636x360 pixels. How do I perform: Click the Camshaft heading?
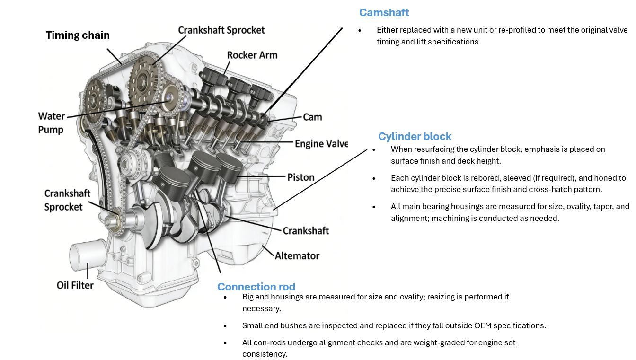coord(384,12)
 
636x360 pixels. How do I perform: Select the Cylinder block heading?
coord(415,137)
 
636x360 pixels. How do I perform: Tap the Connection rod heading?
coord(256,287)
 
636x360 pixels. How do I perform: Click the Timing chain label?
coord(78,35)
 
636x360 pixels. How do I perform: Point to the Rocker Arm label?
coord(252,55)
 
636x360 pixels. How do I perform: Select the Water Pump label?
coord(51,123)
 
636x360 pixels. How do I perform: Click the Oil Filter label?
coord(75,285)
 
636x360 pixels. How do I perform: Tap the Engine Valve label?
coord(321,144)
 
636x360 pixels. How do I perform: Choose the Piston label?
coord(301,177)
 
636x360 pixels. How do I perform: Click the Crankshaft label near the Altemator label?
coord(306,230)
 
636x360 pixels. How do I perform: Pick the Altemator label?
coord(297,255)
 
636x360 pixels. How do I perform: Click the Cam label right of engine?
coord(312,117)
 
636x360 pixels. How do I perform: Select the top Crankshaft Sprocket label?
coord(221,30)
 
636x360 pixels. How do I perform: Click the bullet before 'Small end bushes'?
coord(230,326)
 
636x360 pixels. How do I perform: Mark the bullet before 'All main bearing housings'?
coord(374,207)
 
